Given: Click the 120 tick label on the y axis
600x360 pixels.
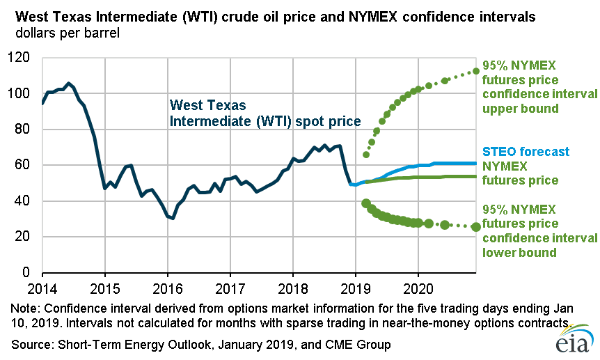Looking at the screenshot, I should [x=23, y=58].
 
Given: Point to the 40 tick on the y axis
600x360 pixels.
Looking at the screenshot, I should [x=26, y=201].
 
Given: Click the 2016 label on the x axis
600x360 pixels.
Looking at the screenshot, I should [x=167, y=288].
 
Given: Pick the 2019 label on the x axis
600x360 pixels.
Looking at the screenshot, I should [x=355, y=288].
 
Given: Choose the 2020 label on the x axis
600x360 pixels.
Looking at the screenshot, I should [x=418, y=288].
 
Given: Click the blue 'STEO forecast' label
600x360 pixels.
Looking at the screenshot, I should [x=526, y=152].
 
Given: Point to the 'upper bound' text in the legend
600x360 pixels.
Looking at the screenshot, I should [x=518, y=109].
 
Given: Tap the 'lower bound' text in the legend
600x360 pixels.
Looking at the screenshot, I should [x=518, y=252].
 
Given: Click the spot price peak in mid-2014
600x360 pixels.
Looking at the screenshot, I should [x=68, y=84].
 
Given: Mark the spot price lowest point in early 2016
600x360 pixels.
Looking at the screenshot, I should [x=173, y=218].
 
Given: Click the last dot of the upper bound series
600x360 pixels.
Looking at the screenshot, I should [x=476, y=71].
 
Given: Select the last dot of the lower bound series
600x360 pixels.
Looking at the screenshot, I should [x=476, y=226].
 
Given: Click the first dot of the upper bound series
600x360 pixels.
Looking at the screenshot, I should [x=366, y=155].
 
